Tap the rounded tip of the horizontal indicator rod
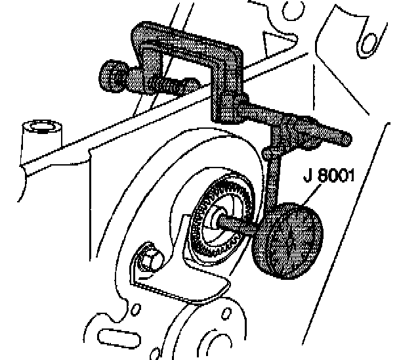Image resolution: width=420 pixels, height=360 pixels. [345, 139]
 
